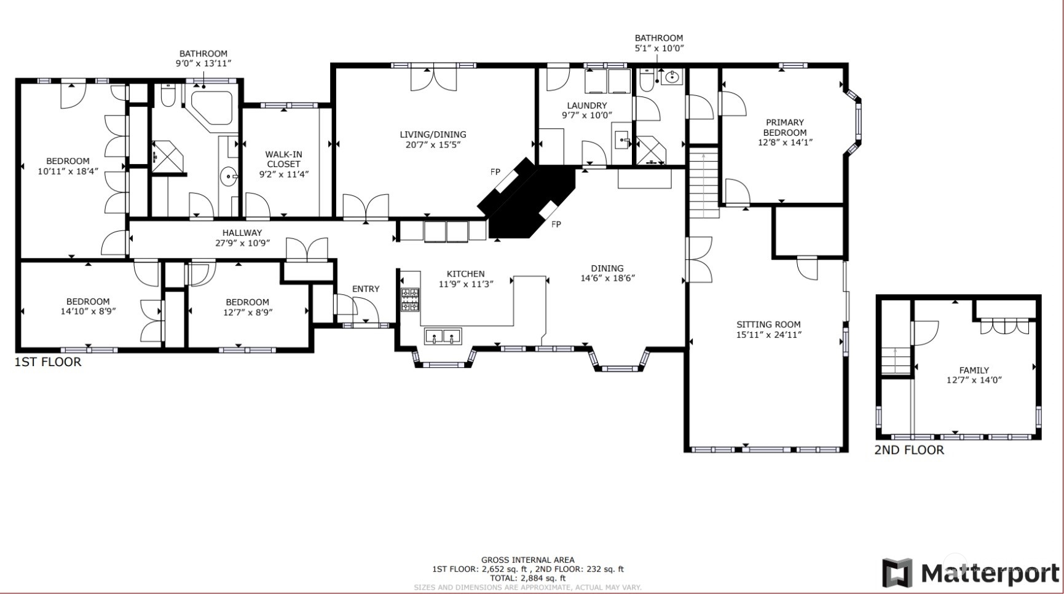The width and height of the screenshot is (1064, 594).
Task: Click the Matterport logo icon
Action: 898,573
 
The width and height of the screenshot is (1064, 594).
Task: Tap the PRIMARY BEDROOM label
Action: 785,127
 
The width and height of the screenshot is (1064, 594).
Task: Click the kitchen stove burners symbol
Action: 410,299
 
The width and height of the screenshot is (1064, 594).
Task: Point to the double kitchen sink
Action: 443,336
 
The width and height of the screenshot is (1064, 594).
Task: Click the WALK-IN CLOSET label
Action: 283,159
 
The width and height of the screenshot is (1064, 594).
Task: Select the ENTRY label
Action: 366,289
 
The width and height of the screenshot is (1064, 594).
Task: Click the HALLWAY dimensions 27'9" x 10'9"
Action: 242,243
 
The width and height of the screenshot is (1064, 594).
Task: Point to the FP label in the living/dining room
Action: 495,172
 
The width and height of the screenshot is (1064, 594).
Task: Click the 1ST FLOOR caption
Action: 48,362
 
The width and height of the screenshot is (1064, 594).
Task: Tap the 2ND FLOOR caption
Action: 908,450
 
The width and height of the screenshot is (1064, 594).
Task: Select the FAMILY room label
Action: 974,370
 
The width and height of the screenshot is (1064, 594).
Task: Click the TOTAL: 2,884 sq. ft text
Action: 527,578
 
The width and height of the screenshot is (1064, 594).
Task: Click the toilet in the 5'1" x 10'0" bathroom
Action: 647,80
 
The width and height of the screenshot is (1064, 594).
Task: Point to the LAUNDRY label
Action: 586,106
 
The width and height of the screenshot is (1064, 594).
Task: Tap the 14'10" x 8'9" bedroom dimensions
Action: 88,311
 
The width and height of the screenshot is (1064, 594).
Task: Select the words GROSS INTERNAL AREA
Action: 527,560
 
